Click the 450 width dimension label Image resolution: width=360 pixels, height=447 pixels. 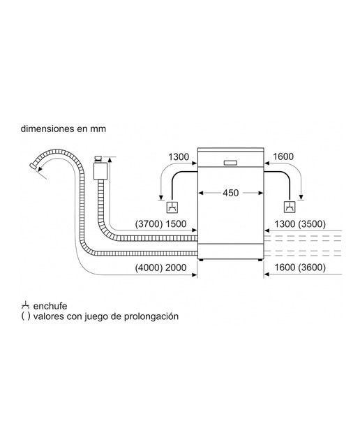[230, 193]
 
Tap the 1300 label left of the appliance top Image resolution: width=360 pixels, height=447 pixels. [179, 156]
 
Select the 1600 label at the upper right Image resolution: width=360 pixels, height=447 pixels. [283, 156]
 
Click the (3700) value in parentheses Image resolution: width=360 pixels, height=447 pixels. [149, 223]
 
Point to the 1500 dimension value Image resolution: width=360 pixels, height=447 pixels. [176, 223]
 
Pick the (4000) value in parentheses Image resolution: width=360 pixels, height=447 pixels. [149, 268]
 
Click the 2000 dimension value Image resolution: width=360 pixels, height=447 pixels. [176, 268]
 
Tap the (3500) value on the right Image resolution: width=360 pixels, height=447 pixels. [312, 223]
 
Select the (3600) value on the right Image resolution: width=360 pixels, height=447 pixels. [312, 268]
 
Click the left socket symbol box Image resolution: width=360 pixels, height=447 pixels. [172, 207]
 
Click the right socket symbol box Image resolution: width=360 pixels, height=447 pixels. [290, 207]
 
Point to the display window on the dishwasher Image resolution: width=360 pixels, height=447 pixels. [230, 163]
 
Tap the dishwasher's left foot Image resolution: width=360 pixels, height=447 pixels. [202, 260]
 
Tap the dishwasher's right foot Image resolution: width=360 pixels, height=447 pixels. [260, 260]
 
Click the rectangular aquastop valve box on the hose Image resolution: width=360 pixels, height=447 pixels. [100, 171]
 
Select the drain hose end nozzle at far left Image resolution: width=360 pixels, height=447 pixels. [33, 166]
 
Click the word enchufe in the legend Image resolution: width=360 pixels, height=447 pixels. [50, 306]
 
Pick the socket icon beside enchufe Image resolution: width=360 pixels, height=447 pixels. [25, 305]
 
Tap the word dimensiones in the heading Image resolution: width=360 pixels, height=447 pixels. [44, 129]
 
